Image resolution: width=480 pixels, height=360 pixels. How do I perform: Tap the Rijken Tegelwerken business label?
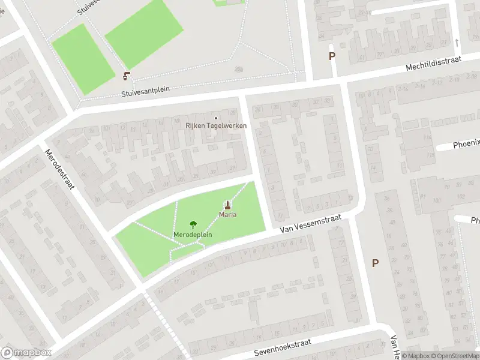click(x=215, y=125)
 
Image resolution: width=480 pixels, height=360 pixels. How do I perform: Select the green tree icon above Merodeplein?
click(x=193, y=225)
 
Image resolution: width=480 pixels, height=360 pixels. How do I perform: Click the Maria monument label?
click(x=227, y=214)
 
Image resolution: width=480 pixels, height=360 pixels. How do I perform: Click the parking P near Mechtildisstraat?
click(x=332, y=56)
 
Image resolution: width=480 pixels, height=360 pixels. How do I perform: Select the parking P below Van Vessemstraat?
click(x=376, y=263)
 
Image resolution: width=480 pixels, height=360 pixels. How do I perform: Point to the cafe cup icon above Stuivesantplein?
click(x=127, y=76)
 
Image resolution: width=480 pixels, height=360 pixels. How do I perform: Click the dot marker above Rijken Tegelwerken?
click(x=216, y=117)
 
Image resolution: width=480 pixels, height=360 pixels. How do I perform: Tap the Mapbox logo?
click(x=26, y=352)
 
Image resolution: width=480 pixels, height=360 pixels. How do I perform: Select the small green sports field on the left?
click(x=83, y=59)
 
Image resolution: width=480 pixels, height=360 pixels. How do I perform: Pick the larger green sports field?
click(x=143, y=33)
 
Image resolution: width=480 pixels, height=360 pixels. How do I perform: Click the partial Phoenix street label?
click(x=466, y=143)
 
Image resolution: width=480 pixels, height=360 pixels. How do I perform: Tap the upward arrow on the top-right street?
click(x=457, y=42)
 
